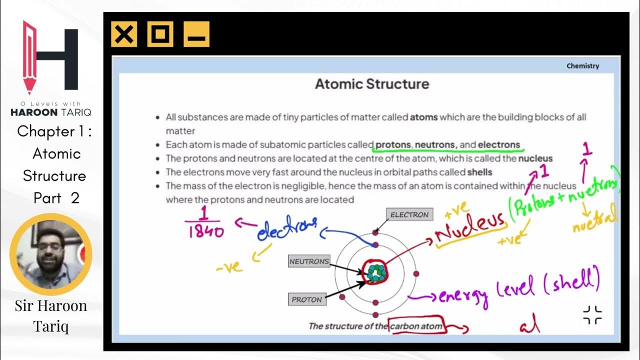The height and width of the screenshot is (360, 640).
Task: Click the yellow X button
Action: point(123,34)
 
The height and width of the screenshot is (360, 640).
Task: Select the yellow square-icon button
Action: point(160,34)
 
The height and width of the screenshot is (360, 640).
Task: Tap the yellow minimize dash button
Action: point(196,34)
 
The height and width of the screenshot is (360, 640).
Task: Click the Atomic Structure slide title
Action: point(371,84)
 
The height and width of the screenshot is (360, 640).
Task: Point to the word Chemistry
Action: point(582,66)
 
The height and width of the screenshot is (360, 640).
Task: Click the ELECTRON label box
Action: point(409,215)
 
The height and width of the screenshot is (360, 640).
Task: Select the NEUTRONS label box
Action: point(309,261)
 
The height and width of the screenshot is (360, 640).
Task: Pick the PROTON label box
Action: point(306,299)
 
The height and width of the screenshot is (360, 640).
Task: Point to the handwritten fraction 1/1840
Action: point(204,223)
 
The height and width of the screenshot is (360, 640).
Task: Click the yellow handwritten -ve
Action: point(229,267)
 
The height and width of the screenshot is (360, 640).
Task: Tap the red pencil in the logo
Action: point(29,57)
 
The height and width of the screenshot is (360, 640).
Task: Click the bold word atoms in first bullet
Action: point(423,117)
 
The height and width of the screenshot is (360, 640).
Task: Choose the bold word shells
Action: point(479,172)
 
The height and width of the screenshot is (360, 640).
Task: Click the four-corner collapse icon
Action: point(592,314)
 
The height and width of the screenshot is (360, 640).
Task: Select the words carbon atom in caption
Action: point(416,326)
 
